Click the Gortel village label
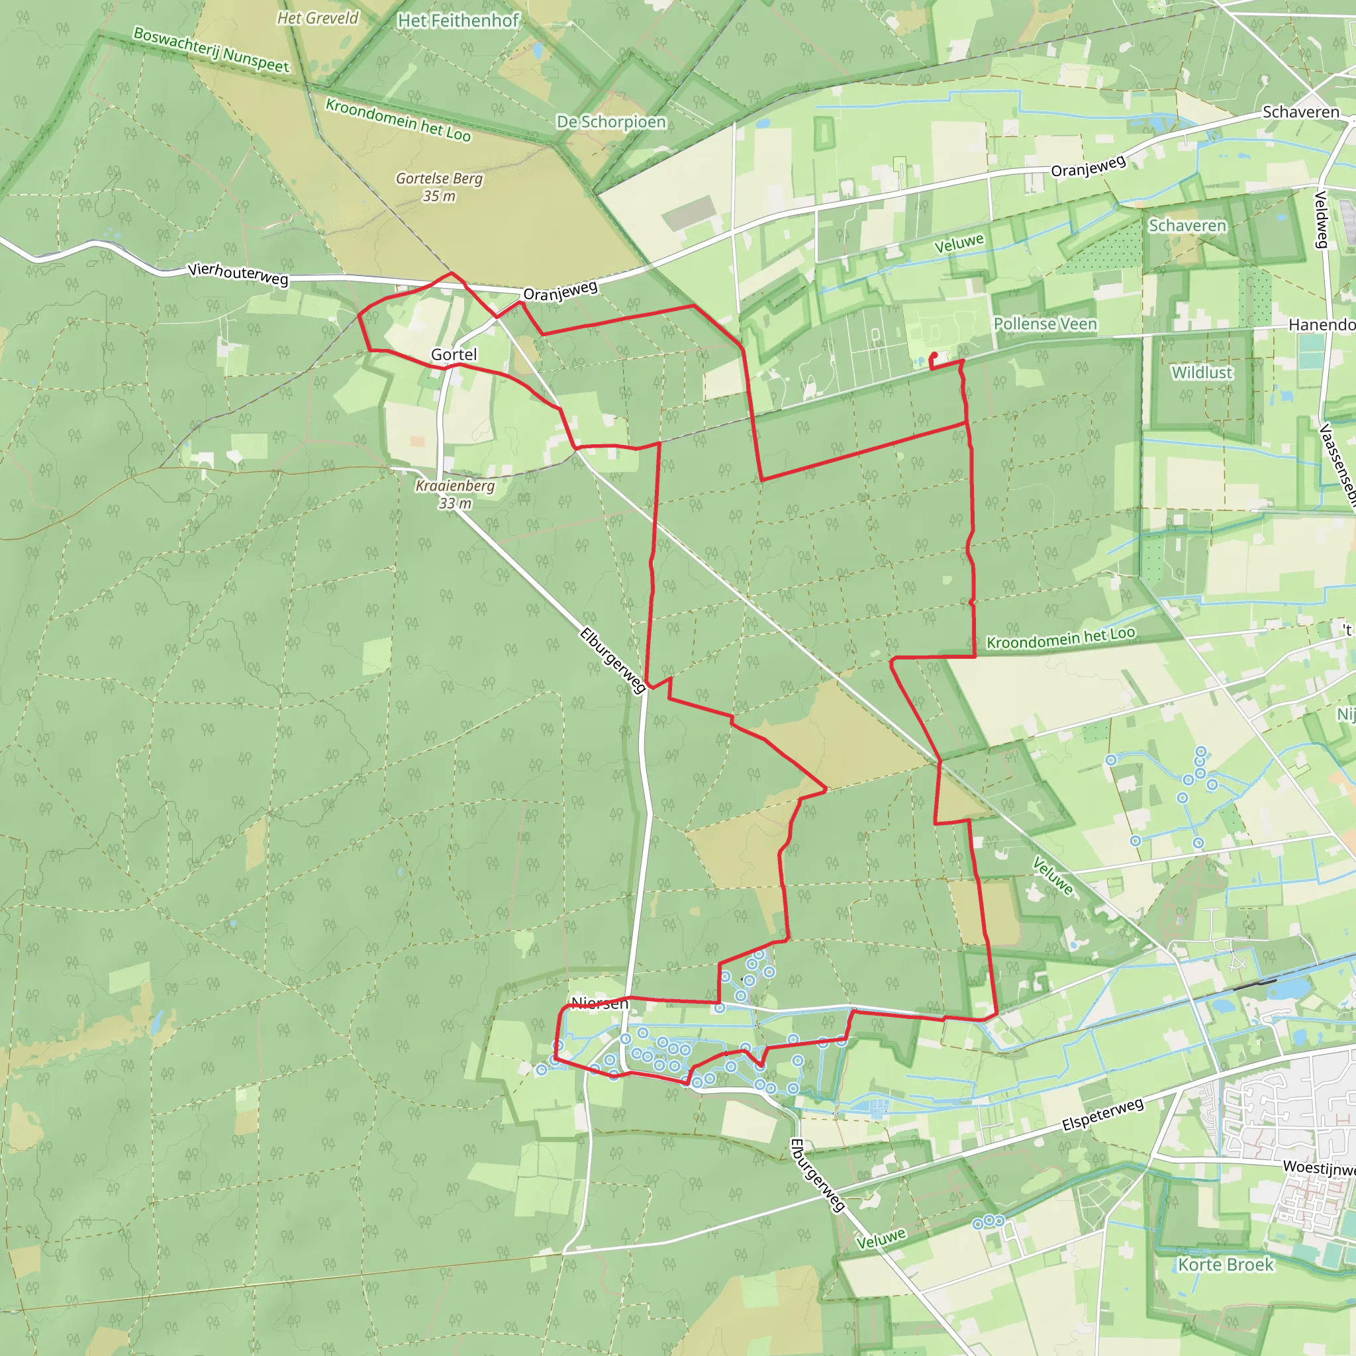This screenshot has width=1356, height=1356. tap(454, 354)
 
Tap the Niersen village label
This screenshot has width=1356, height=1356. tap(599, 1003)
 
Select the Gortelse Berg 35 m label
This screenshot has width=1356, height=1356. tap(440, 187)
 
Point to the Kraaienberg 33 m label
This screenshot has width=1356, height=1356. tap(455, 494)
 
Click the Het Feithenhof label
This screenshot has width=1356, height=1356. tap(458, 21)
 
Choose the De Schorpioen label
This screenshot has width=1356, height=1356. tap(610, 122)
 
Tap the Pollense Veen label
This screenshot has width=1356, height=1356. tap(1045, 324)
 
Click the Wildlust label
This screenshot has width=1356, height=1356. tap(1202, 373)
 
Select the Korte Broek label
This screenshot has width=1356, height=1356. tap(1226, 1265)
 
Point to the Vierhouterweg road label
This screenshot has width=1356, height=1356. tap(238, 273)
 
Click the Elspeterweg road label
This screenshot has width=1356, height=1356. tap(1102, 1114)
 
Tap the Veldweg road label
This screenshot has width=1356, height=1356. tap(1321, 219)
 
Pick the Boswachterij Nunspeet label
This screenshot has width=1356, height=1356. tap(211, 50)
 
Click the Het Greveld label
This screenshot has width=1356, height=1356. tap(318, 19)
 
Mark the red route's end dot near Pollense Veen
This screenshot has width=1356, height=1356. tap(934, 355)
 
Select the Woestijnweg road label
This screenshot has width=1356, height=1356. tap(1319, 1168)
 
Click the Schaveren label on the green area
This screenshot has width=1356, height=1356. tap(1188, 225)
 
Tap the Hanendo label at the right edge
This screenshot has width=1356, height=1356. tap(1322, 324)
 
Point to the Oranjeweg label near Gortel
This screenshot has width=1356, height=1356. tap(561, 291)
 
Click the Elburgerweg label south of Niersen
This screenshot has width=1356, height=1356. tap(817, 1175)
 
